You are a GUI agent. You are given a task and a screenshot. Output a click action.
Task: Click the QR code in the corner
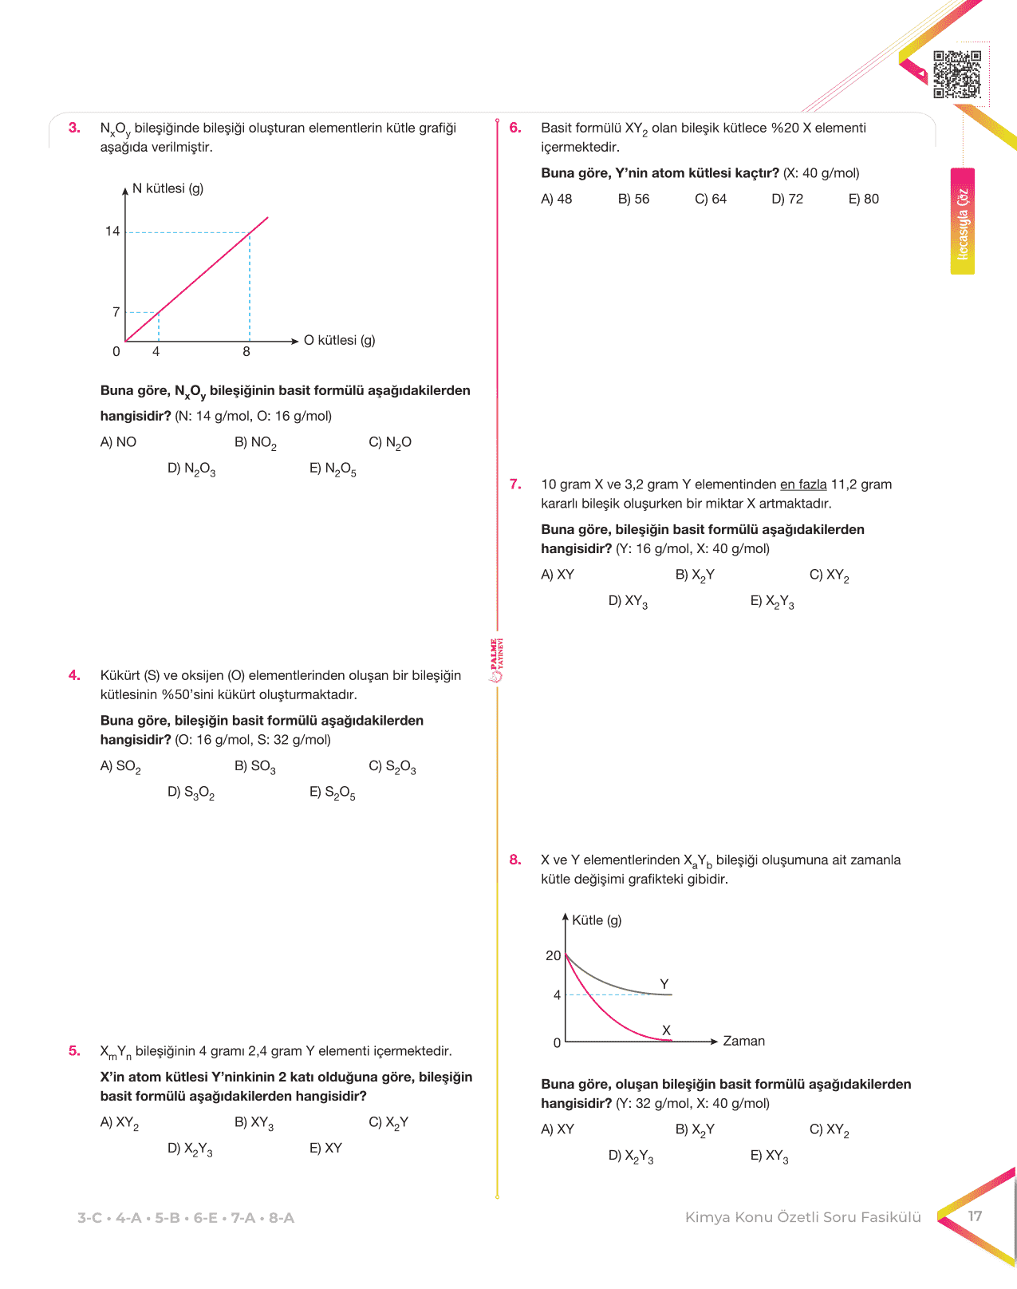956,74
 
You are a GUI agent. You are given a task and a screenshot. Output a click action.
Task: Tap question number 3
74,128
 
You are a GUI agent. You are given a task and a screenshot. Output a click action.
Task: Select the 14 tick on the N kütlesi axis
112,231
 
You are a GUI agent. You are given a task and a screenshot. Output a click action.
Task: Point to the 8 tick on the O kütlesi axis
246,352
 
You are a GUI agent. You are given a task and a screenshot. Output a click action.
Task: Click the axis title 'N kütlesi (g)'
168,188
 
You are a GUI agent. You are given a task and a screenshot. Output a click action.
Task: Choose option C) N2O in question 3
390,443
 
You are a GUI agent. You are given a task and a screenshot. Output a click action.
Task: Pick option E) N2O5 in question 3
333,469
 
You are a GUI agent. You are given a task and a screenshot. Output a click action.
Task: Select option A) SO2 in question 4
120,767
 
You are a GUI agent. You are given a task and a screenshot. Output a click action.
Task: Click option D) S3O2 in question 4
191,793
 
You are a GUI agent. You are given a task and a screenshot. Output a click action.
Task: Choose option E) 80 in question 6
863,199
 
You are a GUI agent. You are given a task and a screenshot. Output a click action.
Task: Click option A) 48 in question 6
557,199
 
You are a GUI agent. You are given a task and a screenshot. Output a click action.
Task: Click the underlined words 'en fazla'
803,484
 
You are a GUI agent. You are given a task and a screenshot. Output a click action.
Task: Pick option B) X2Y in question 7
695,575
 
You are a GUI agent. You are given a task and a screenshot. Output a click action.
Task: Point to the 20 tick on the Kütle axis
553,955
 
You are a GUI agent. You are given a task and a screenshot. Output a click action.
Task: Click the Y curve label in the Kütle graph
664,984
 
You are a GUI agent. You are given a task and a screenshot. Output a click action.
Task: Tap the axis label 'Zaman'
743,1041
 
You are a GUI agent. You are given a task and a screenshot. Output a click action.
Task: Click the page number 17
975,1216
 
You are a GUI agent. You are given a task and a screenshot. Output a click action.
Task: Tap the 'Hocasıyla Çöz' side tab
963,222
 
